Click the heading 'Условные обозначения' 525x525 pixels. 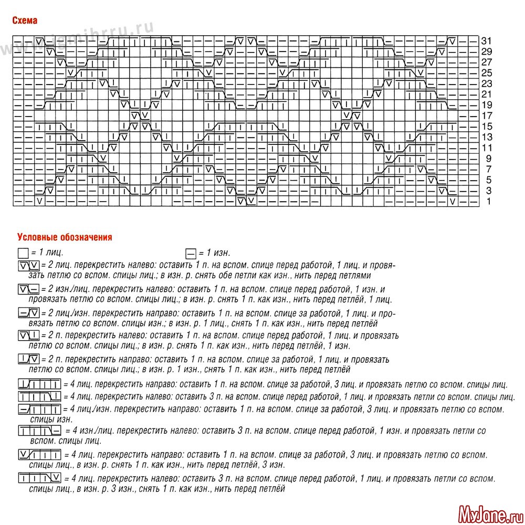tap(65, 237)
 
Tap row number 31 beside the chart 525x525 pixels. tap(486, 41)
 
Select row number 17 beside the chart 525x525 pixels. tap(486, 115)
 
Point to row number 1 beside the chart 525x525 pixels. tap(488, 202)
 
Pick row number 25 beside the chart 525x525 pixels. tap(486, 73)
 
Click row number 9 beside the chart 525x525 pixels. tap(488, 159)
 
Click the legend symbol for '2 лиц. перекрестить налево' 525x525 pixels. tap(28, 264)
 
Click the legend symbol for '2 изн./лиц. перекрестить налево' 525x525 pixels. tap(29, 289)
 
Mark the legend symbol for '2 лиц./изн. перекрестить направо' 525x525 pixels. tap(29, 313)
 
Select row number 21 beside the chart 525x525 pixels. tap(486, 94)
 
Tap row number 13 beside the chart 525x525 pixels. tap(486, 137)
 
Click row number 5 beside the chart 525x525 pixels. tap(488, 180)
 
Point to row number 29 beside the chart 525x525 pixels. tap(486, 51)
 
